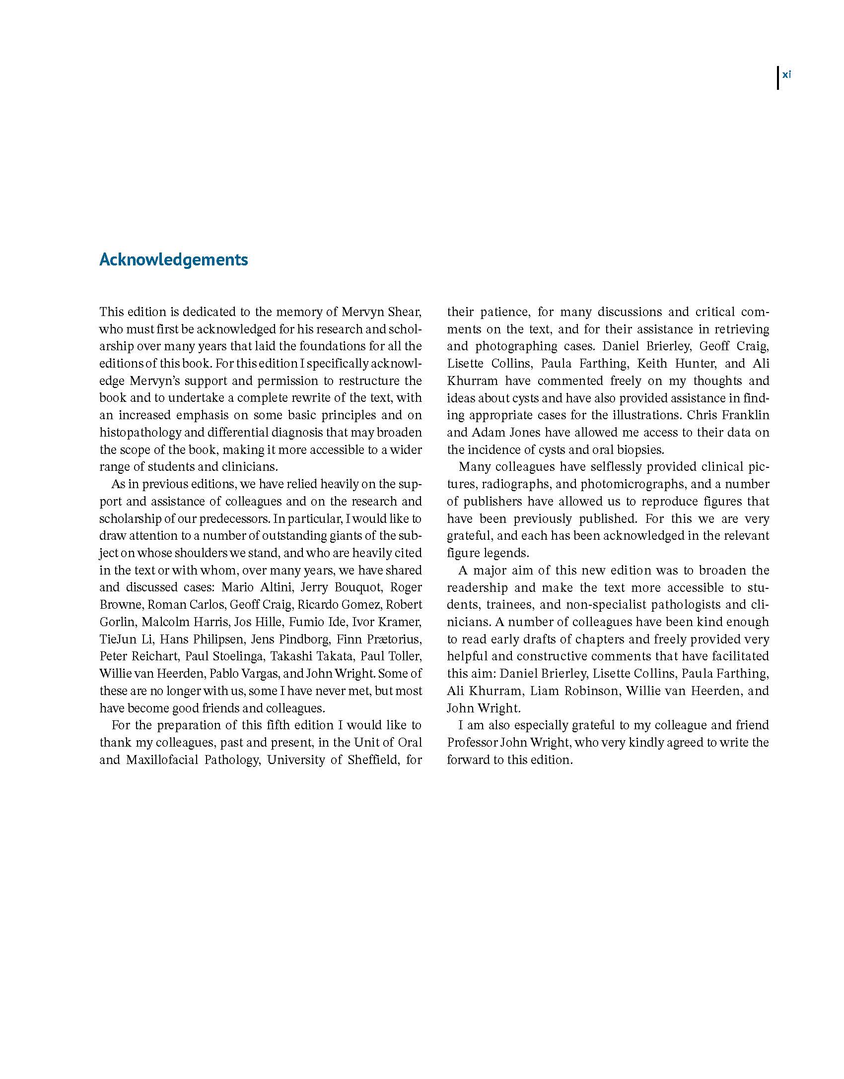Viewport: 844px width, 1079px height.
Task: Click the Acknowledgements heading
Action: point(173,260)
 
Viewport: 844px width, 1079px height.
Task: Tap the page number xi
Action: point(786,75)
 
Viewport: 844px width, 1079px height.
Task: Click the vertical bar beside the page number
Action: point(778,78)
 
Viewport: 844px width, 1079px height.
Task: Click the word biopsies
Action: point(639,450)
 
